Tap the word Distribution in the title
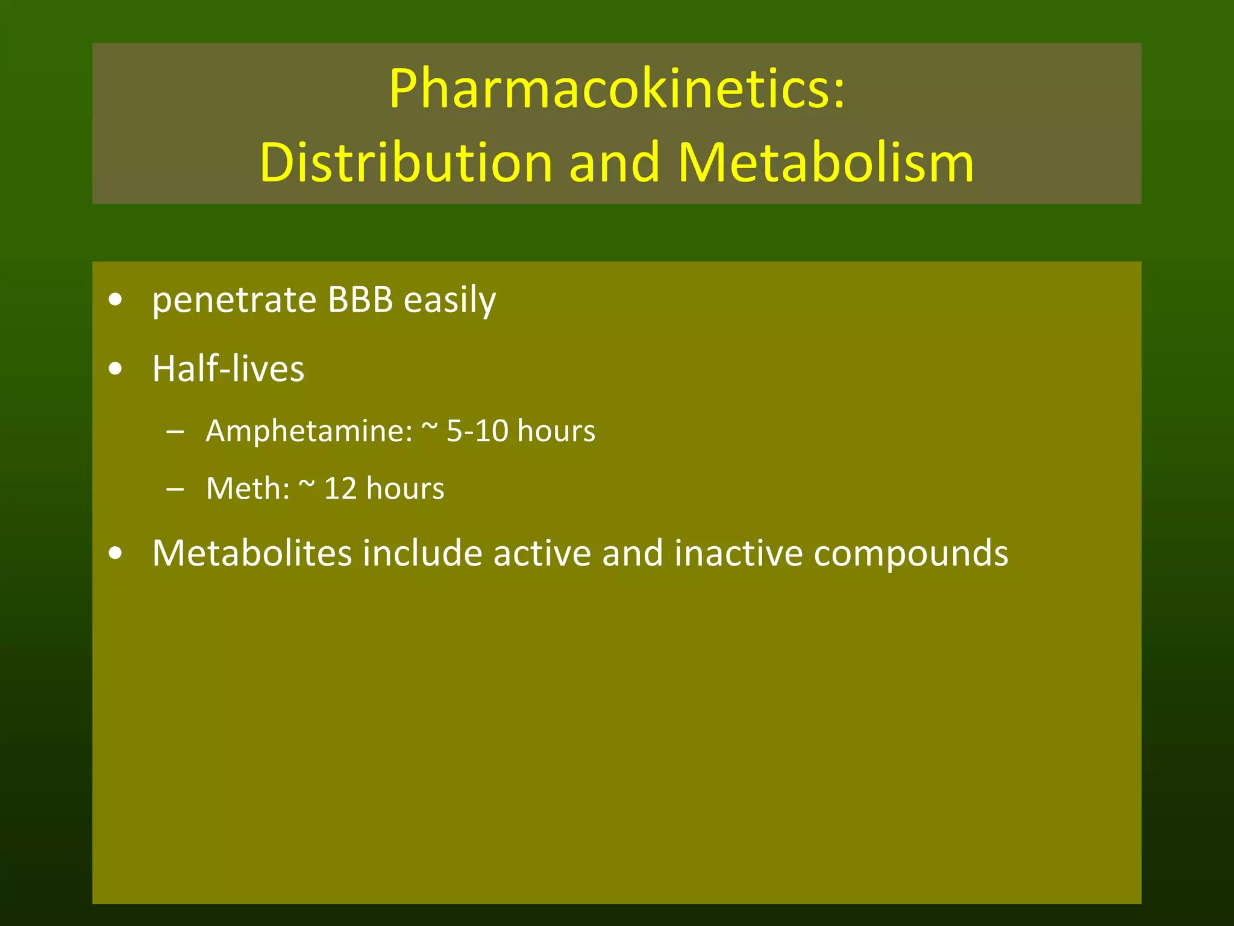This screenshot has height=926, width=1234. click(x=406, y=163)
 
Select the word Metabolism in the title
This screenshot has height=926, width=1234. click(x=825, y=163)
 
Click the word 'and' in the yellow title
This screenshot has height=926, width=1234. click(x=615, y=163)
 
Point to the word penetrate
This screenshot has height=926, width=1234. click(x=234, y=300)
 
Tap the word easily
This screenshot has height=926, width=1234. click(x=449, y=300)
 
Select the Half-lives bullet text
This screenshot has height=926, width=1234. click(x=228, y=368)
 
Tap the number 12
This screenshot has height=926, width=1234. click(x=340, y=488)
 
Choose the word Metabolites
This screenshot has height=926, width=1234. click(x=252, y=553)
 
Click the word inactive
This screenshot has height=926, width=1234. click(x=738, y=553)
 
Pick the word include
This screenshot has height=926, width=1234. click(x=422, y=553)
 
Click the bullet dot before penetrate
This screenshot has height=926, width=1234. click(x=116, y=300)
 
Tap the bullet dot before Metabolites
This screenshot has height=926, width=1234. click(x=116, y=553)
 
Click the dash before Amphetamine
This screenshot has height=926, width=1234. click(x=175, y=432)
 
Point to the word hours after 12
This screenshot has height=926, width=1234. click(x=405, y=488)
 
